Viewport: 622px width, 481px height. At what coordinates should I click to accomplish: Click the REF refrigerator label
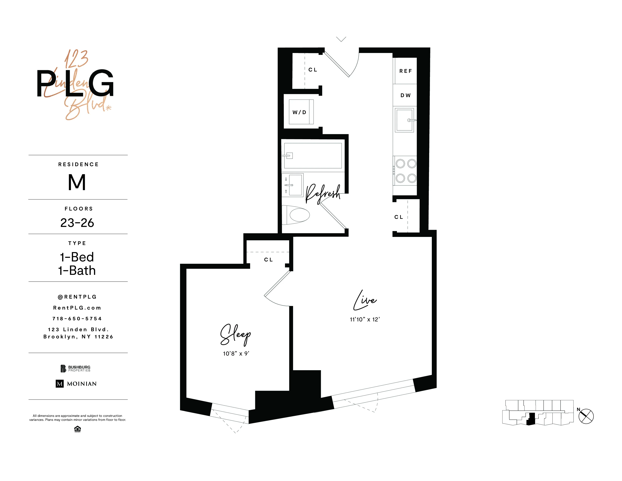tap(405, 71)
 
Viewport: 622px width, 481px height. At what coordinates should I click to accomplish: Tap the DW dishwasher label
tap(405, 95)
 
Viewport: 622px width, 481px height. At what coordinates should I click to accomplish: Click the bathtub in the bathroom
tap(313, 156)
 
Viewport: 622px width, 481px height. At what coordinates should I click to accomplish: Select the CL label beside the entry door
tap(313, 70)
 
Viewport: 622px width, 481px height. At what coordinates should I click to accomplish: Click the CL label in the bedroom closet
tap(268, 260)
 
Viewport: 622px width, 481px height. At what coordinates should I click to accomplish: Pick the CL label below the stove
tap(399, 217)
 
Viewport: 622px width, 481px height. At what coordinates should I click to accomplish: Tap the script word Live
tap(365, 301)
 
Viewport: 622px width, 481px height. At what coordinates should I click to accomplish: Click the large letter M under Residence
tap(77, 182)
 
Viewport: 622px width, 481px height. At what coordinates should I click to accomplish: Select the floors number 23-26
tap(77, 223)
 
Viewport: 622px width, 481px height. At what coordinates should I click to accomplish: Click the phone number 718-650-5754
tap(77, 319)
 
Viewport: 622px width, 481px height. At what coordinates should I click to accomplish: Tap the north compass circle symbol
tap(586, 416)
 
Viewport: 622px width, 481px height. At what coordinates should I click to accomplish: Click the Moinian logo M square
tap(60, 384)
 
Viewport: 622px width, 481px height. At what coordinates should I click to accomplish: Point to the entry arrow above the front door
tap(341, 39)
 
